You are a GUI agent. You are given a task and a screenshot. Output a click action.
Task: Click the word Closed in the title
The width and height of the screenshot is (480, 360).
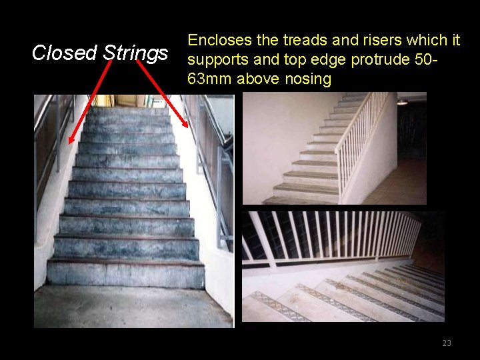click(65, 52)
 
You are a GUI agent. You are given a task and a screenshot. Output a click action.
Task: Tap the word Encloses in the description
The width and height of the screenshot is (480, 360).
click(217, 41)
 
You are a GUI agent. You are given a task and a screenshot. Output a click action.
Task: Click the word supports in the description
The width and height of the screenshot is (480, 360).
click(216, 60)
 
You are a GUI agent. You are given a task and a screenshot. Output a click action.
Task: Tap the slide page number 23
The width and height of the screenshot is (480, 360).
click(446, 343)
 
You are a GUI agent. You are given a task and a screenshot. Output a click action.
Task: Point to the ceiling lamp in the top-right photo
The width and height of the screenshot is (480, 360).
click(403, 101)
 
